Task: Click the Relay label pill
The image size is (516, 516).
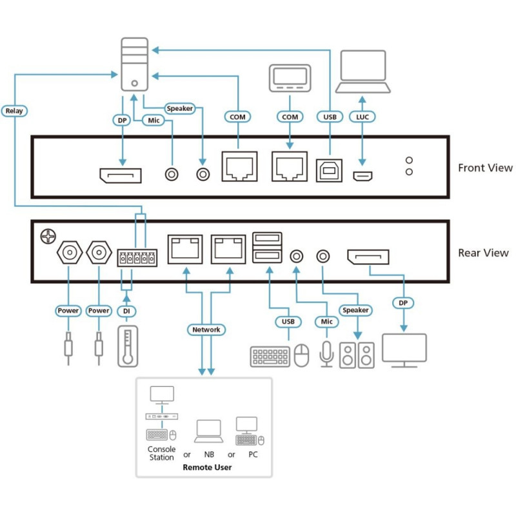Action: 14,111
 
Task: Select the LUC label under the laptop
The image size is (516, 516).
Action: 362,117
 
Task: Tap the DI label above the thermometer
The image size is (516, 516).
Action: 126,311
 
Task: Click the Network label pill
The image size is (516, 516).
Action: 206,330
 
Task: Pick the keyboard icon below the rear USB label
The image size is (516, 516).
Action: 270,356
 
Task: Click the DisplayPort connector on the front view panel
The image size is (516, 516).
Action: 121,174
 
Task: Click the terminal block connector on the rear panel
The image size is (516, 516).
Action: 137,259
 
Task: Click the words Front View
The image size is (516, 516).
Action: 485,168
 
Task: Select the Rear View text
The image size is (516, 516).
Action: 483,253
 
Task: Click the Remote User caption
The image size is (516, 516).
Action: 207,467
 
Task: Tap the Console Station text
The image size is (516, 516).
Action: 161,453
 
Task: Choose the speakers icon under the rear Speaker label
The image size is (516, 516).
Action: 357,355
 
